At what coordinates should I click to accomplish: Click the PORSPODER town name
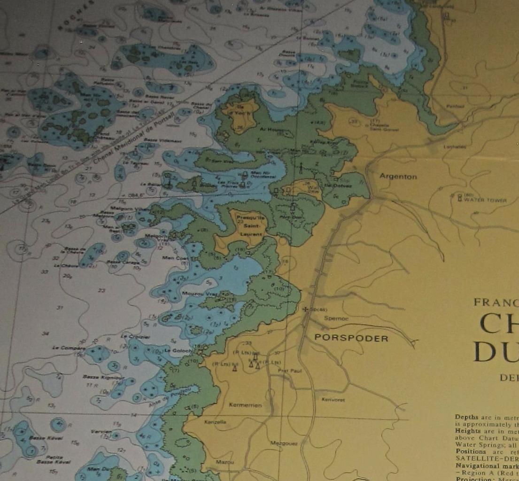(351, 338)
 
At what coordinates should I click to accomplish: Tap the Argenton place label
(398, 177)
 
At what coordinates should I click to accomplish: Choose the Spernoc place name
(336, 318)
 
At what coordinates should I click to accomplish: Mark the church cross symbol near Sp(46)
(306, 309)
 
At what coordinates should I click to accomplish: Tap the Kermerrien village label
(245, 405)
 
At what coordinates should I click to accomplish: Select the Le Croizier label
(135, 336)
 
